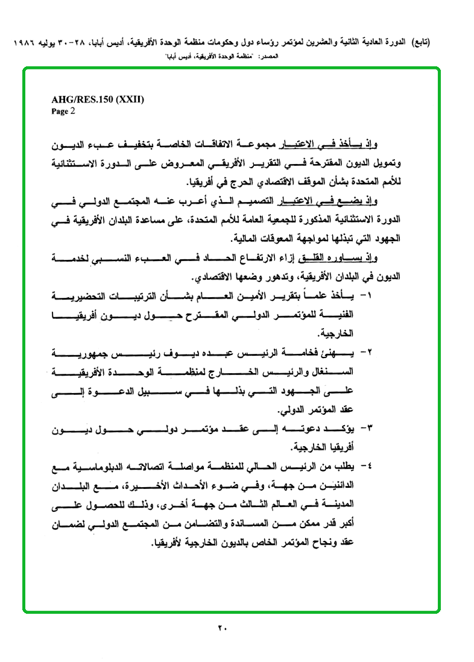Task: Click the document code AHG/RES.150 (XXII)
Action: (x=98, y=101)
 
